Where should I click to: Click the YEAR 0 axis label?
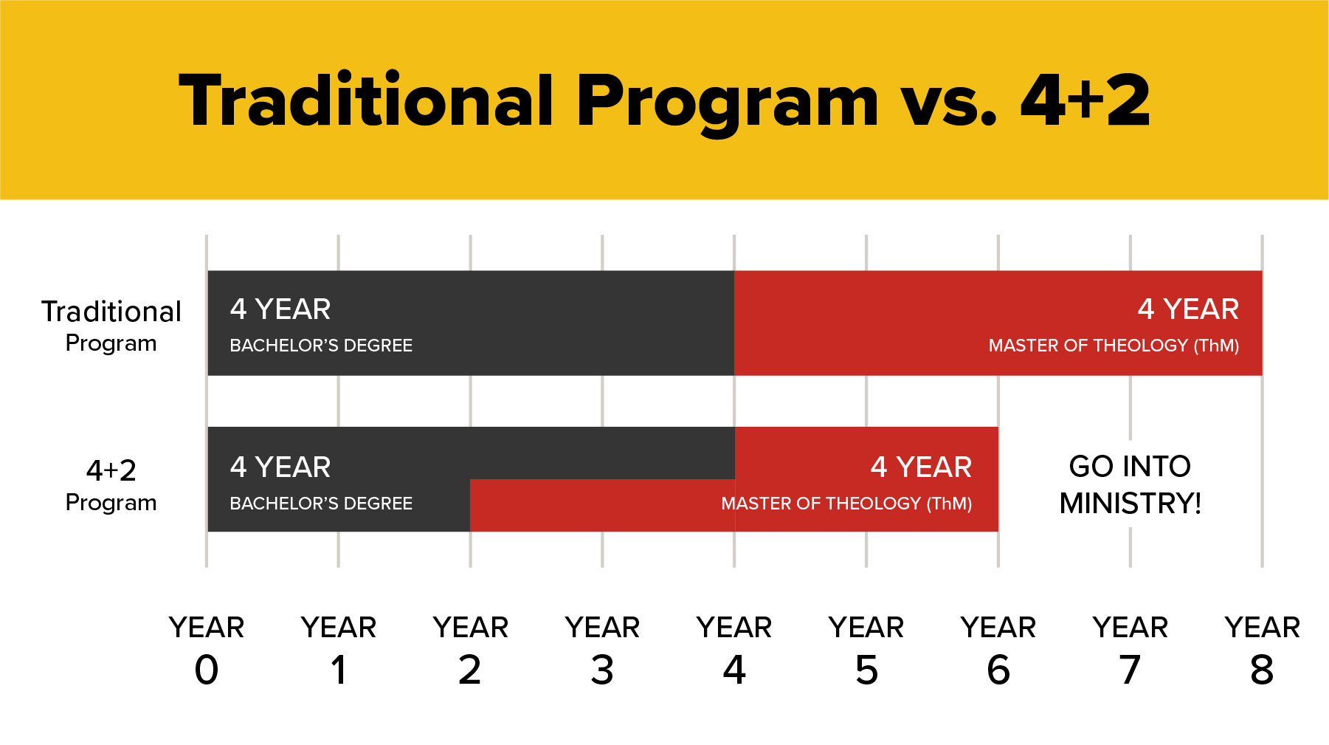(x=207, y=650)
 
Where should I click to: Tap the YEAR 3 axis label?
(x=602, y=650)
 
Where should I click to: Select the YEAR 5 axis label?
(x=866, y=650)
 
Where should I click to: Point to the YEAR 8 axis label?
(x=1262, y=650)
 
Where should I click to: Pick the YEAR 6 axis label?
(x=998, y=650)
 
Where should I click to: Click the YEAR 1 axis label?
(x=339, y=650)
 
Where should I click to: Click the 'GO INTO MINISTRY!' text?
(x=1130, y=484)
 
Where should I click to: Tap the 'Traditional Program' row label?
(x=111, y=326)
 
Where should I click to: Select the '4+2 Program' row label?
(x=111, y=485)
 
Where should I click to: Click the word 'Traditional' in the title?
(x=366, y=101)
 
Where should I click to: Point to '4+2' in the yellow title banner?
(x=1085, y=101)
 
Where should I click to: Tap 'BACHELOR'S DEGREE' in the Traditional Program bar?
(x=321, y=346)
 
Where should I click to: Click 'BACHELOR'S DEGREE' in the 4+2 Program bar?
(x=321, y=504)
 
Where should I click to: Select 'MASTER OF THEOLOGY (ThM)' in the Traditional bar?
(x=1114, y=346)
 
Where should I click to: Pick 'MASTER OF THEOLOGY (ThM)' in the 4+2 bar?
(x=846, y=504)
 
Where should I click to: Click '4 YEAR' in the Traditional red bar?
(x=1188, y=309)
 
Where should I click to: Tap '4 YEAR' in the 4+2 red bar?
(x=921, y=467)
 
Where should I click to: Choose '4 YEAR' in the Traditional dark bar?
(x=280, y=309)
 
